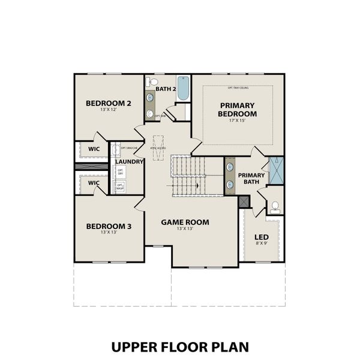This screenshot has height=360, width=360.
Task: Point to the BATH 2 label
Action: (165, 89)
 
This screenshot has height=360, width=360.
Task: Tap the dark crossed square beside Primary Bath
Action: (243, 202)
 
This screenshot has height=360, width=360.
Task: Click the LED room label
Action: (261, 237)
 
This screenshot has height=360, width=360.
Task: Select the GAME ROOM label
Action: (185, 222)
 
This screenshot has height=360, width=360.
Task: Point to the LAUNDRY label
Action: (129, 162)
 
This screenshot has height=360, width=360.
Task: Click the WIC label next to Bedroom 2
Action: (94, 149)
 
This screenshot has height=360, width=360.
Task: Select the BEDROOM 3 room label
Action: (109, 226)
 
